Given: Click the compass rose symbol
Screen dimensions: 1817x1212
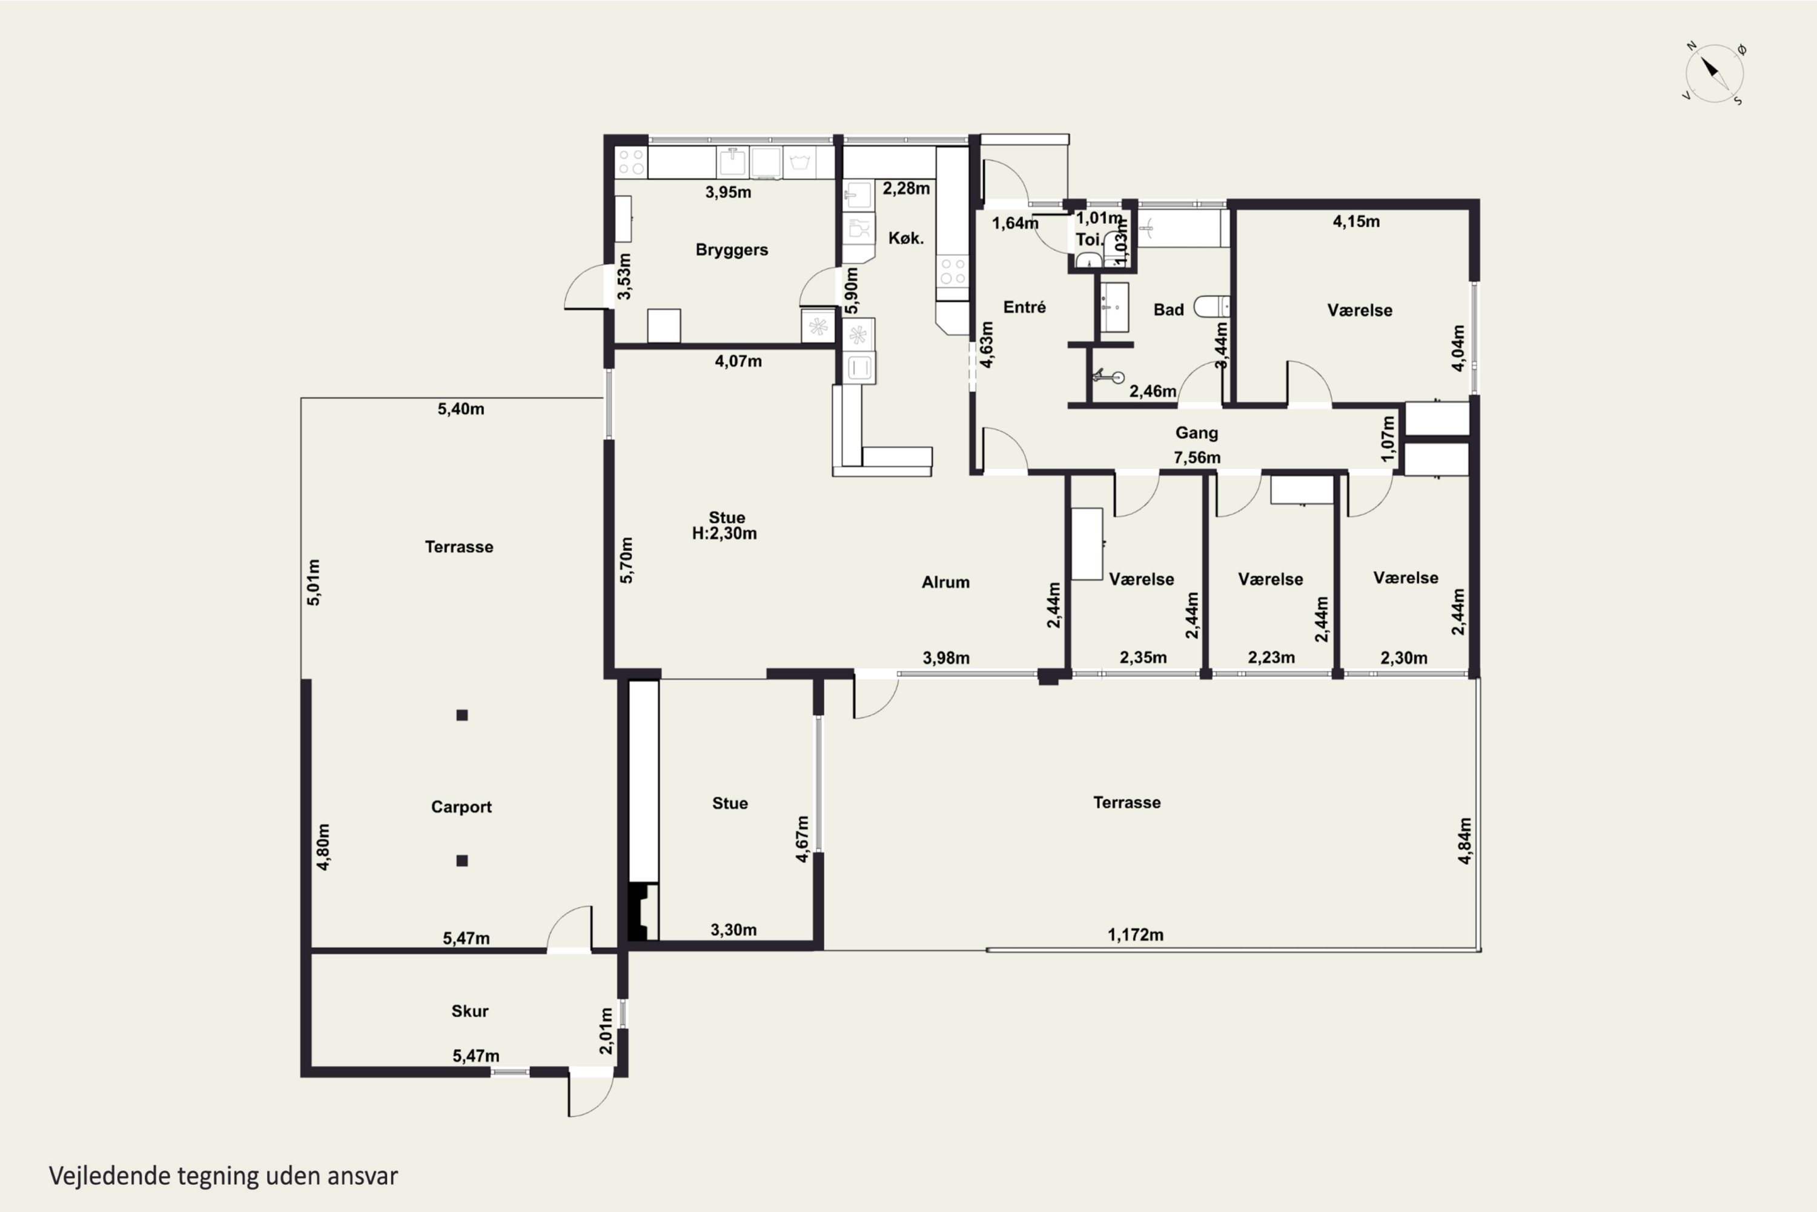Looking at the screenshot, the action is [x=1714, y=73].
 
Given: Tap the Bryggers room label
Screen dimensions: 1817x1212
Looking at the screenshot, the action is [x=732, y=250].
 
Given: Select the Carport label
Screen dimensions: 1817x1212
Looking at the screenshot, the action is [x=461, y=807].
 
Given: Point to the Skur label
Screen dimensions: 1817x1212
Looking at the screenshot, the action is [x=470, y=1011].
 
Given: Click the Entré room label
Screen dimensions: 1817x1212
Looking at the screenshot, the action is [x=1024, y=307].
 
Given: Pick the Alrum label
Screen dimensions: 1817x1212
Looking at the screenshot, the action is [x=945, y=582].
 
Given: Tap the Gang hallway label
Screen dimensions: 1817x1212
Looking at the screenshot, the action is [x=1197, y=433].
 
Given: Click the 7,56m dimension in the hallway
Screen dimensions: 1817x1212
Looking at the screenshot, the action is [x=1197, y=458].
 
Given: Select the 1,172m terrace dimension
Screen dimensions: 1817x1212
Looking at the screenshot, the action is [x=1136, y=934].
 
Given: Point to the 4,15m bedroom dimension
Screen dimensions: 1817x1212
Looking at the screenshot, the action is [x=1356, y=221].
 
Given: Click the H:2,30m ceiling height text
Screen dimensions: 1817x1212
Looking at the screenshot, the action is [x=724, y=533].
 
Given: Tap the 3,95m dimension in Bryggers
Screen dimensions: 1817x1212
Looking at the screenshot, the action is [x=728, y=191].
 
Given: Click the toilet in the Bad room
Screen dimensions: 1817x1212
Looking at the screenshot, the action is [x=1211, y=307].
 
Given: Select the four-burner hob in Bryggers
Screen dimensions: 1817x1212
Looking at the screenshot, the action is [x=631, y=162].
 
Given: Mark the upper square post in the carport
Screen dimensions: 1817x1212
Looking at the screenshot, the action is [x=462, y=715].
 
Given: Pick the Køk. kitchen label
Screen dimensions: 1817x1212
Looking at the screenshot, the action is [x=905, y=238].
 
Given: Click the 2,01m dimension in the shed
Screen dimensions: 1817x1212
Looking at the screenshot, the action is [x=606, y=1030].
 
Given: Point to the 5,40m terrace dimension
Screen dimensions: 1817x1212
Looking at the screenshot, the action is [x=461, y=409].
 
